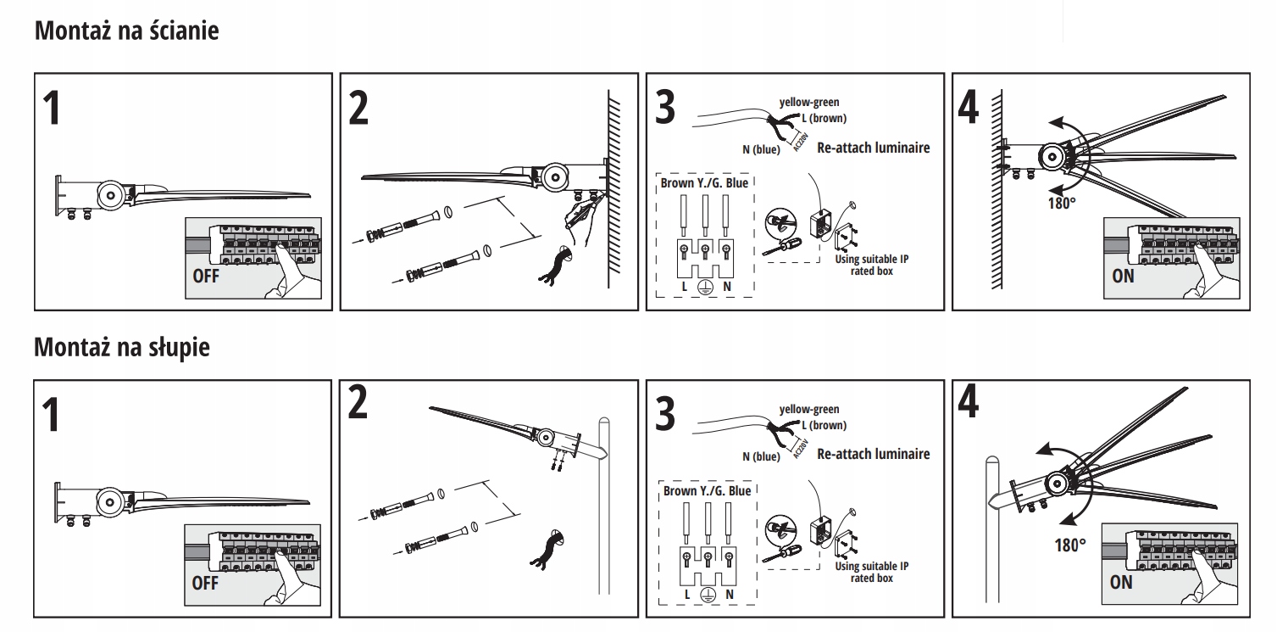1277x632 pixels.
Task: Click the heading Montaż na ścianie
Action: (126, 32)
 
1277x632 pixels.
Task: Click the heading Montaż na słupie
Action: (121, 349)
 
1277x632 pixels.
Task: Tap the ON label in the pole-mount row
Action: (1120, 582)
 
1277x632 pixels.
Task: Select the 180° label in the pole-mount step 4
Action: (1069, 544)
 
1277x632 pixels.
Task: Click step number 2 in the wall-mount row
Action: (359, 108)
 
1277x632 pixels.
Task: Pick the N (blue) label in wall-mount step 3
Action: (761, 150)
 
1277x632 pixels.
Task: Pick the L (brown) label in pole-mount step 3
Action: (823, 425)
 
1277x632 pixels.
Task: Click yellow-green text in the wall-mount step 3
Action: (809, 103)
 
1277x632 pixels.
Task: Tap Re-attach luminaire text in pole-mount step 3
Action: (873, 453)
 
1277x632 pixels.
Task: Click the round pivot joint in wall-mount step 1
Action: (110, 194)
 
